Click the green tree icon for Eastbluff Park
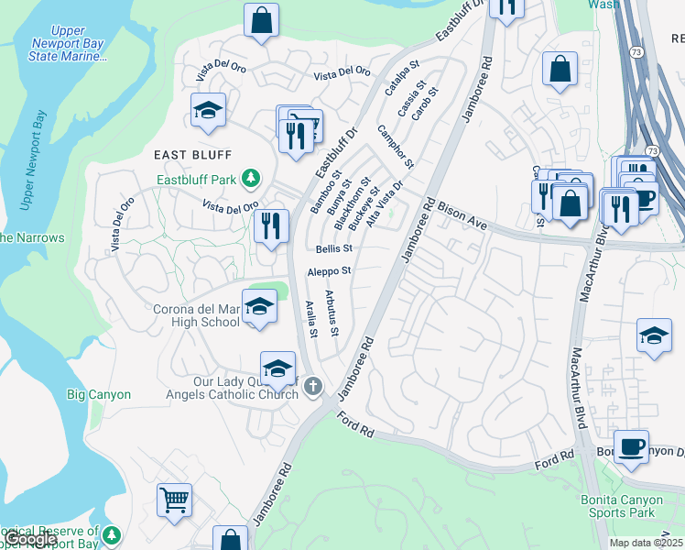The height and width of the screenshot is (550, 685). click(x=258, y=179)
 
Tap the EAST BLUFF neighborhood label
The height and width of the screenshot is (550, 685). click(x=193, y=154)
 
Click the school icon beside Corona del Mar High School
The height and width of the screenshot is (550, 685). click(x=259, y=307)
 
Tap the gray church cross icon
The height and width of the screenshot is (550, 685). click(x=313, y=385)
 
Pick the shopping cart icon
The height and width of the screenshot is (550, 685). click(x=174, y=500)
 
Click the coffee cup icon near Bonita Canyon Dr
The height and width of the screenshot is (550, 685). click(x=631, y=447)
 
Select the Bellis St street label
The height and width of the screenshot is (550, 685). click(x=334, y=248)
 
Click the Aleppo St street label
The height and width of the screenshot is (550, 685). click(x=330, y=271)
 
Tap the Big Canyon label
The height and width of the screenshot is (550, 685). click(x=99, y=395)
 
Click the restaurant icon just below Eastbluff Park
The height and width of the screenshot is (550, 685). click(x=270, y=226)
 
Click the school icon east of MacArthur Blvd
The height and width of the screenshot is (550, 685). click(x=654, y=336)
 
